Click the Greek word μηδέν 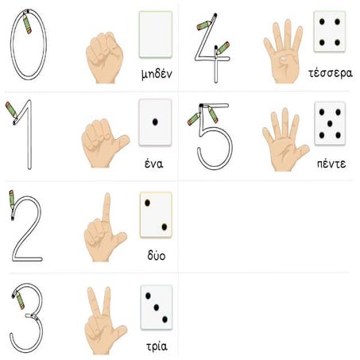click(x=157, y=74)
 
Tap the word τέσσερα click(x=331, y=73)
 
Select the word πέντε click(x=331, y=164)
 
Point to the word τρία click(x=157, y=346)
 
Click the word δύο click(x=157, y=256)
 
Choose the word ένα click(x=154, y=164)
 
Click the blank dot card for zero click(x=156, y=34)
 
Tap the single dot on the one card click(x=155, y=122)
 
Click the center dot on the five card click(x=330, y=123)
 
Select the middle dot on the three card click(x=157, y=308)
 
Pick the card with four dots click(x=330, y=31)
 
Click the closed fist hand click(x=104, y=57)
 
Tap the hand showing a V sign click(x=104, y=320)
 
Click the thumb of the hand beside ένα click(x=122, y=142)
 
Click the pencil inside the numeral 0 click(x=27, y=24)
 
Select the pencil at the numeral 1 click(x=11, y=110)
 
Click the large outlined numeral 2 click(x=27, y=229)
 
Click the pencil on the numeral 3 click(x=19, y=300)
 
